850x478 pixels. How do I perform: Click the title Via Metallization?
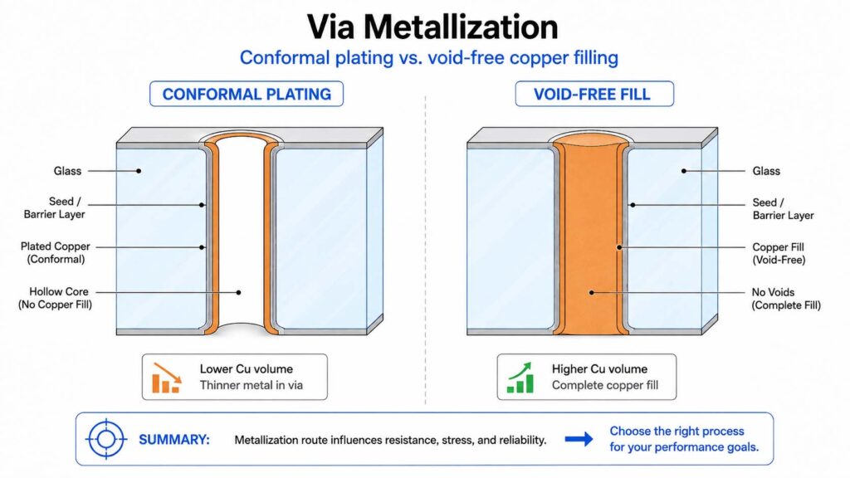click(x=432, y=27)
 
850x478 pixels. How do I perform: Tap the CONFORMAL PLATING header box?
click(x=246, y=94)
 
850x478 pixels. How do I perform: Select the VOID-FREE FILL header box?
click(x=594, y=94)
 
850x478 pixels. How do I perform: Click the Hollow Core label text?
click(x=56, y=298)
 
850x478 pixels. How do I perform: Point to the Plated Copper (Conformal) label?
click(x=56, y=252)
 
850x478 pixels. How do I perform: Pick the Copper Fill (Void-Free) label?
click(x=779, y=253)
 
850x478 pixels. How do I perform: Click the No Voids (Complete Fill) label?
click(x=786, y=299)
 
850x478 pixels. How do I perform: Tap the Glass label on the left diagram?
click(x=67, y=171)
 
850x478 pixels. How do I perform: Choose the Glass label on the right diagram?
click(x=766, y=171)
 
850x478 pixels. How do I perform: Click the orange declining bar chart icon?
click(x=166, y=378)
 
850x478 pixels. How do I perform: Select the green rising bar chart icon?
click(x=520, y=378)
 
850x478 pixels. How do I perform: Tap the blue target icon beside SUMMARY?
click(x=106, y=439)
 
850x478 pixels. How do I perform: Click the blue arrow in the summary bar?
click(x=579, y=439)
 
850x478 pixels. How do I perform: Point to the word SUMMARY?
click(x=174, y=440)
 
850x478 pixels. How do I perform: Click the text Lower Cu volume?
click(x=246, y=369)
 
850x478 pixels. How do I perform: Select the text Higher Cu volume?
click(x=599, y=369)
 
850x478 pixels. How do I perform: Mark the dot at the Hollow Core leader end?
click(x=238, y=293)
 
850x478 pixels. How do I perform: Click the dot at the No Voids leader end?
click(x=592, y=293)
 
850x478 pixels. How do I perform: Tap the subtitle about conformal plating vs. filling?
click(x=429, y=57)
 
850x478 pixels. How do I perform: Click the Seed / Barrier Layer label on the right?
click(x=783, y=208)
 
